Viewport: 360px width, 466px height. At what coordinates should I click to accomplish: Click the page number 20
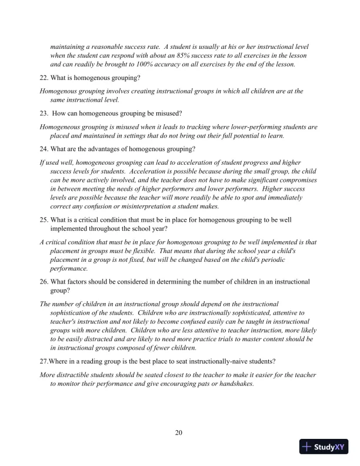coord(179,433)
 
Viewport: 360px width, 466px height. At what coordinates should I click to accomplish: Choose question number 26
coord(44,281)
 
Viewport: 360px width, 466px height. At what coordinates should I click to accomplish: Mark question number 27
coord(44,361)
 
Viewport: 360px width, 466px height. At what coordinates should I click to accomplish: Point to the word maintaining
coord(71,46)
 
